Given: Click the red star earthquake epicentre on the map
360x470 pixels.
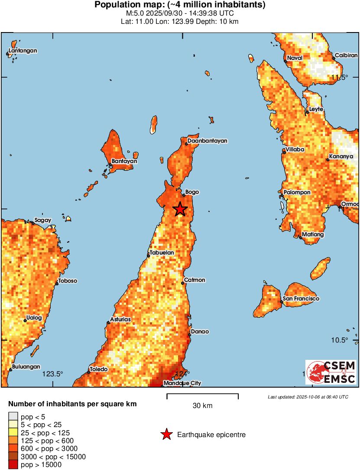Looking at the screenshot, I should (180, 209).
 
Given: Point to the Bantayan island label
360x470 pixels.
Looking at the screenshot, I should (124, 161).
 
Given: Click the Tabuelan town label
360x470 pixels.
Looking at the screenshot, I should (162, 253).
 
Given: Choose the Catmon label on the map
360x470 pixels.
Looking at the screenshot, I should (195, 280).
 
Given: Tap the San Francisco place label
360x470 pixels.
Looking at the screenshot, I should (301, 299).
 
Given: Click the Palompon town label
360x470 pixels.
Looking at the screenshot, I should (297, 192).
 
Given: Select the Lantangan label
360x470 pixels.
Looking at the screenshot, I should (23, 51).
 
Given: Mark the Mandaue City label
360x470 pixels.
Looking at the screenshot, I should (182, 383).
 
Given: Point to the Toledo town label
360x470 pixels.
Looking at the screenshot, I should (99, 369).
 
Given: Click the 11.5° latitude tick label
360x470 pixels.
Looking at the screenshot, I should (340, 78).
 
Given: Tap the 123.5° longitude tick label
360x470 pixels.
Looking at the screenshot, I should (52, 374).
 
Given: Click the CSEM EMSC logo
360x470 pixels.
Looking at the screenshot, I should (331, 372).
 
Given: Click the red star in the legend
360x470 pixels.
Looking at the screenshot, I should (166, 434).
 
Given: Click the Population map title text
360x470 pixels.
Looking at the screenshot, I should (180, 5).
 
